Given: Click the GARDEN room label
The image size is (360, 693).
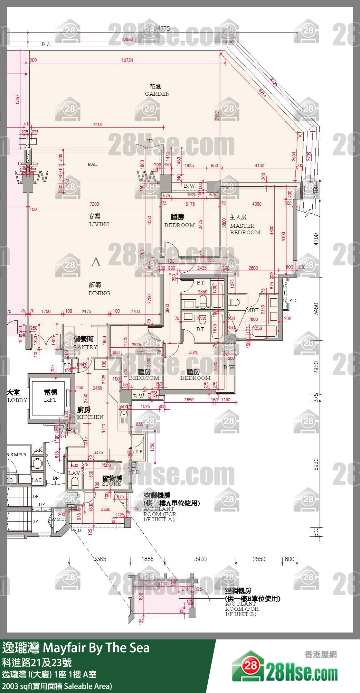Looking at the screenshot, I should (157, 94).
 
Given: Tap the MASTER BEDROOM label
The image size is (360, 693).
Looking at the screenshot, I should (245, 229).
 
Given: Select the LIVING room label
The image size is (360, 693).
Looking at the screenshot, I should (99, 224).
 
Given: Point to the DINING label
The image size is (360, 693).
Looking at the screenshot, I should (99, 293).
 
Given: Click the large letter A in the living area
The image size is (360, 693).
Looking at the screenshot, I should (96, 262).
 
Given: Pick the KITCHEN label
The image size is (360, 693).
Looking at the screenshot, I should (90, 417).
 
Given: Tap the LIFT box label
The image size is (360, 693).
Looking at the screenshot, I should (50, 400).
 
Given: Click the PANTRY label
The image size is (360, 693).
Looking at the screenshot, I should (85, 347).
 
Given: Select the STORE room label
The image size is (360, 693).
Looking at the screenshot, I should (112, 484).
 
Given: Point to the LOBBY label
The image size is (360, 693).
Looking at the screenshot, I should (17, 400).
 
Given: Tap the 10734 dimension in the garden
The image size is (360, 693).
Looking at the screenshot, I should (127, 60).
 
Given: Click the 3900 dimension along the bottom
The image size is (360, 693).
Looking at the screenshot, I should (200, 559).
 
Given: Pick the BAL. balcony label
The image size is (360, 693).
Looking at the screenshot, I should (93, 165).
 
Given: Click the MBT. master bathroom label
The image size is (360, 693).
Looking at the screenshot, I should (253, 310).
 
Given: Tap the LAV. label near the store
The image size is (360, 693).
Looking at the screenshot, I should (74, 473).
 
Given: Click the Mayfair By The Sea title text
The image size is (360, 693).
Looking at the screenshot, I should (96, 648).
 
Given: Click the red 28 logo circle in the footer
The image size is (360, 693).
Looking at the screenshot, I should (251, 666).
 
